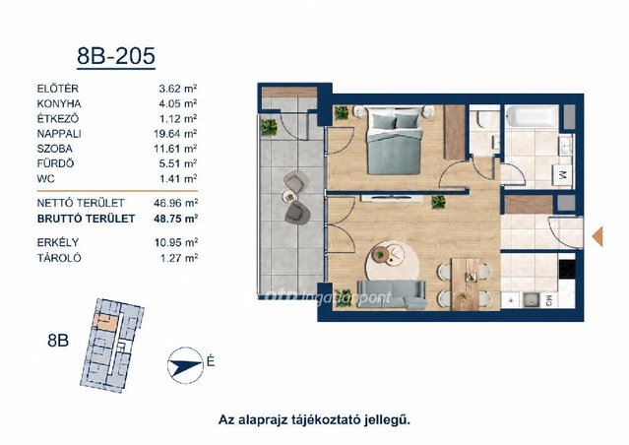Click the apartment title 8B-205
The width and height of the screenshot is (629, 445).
(x=116, y=56)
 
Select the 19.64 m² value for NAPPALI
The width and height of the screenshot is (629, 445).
(x=175, y=134)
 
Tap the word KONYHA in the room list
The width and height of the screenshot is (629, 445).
(x=59, y=104)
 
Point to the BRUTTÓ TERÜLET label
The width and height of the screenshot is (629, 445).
(x=86, y=219)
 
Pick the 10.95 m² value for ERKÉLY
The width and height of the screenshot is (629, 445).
(x=175, y=242)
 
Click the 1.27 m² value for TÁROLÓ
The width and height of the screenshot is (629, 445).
(x=179, y=258)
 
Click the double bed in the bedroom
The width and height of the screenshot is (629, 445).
(x=395, y=140)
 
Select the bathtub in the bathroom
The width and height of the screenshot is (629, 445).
(x=532, y=116)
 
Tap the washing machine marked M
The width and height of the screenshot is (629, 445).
(x=562, y=175)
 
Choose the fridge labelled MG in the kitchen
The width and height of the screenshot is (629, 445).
(x=548, y=300)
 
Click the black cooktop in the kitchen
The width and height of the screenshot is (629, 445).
(x=567, y=269)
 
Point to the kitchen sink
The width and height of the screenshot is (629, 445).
(x=532, y=300)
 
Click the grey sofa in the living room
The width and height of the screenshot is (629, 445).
(x=392, y=295)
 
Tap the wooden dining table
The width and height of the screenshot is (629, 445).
(x=466, y=285)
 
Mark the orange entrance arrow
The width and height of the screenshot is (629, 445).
(x=598, y=236)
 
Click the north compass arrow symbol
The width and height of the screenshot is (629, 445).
(x=185, y=365)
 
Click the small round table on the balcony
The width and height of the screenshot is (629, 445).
(x=288, y=196)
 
